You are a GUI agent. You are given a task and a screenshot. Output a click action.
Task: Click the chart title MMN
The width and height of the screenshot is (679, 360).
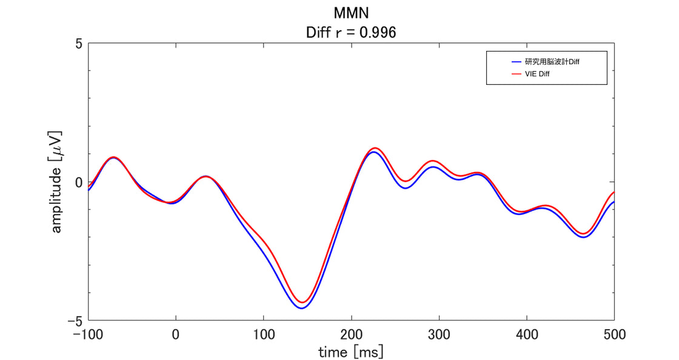352,13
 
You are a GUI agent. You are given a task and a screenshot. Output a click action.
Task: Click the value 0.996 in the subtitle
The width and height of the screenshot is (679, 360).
378,33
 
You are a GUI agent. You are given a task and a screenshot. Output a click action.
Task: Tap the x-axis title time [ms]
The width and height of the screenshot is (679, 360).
351,352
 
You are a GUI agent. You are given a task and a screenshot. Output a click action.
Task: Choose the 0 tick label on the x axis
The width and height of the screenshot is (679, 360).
176,334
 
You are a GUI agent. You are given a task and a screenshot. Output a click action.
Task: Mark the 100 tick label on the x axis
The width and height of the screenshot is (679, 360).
263,334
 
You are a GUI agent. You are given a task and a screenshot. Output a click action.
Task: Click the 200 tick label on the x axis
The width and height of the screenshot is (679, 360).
351,334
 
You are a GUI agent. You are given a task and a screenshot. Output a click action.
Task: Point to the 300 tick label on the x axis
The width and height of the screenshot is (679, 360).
439,334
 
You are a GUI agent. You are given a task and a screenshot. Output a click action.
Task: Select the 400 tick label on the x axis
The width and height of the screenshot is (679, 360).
526,334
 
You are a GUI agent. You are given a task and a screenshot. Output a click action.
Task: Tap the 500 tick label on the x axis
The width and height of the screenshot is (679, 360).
614,334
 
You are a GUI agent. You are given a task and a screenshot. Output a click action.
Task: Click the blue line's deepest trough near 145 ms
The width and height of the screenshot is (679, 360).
301,308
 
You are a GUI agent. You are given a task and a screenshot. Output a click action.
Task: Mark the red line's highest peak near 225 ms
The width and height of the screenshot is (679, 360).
375,148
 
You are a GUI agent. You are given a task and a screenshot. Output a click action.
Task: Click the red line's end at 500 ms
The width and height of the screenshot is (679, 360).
614,192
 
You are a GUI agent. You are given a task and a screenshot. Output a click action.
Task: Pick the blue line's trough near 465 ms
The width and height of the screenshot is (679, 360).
584,237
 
